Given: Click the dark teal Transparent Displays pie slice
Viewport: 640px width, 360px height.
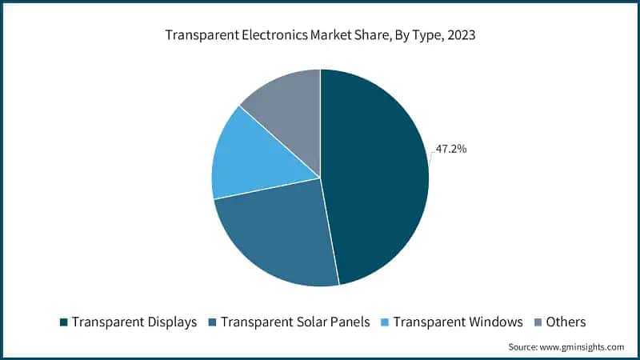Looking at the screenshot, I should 376,176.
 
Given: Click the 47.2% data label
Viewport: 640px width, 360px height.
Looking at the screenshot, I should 451,149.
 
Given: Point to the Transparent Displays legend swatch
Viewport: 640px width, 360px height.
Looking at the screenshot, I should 63,322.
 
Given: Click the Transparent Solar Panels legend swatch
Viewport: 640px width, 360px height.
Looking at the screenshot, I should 213,322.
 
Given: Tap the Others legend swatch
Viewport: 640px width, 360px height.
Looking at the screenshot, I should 537,322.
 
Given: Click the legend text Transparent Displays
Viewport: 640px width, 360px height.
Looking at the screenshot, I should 134,322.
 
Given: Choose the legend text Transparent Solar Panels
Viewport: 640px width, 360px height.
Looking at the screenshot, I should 294,322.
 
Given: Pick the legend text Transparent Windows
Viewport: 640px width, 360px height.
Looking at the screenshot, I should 458,322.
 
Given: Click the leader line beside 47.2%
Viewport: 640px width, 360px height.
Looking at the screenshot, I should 431,156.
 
